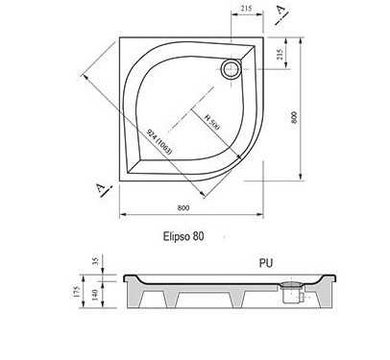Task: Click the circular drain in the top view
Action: (x=231, y=68)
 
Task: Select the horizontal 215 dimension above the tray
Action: (x=246, y=9)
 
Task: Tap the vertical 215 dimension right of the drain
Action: (x=280, y=54)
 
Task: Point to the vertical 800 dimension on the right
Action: (x=294, y=117)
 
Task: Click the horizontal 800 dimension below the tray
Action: (x=183, y=207)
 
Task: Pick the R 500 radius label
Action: (x=212, y=121)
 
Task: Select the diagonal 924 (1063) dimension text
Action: (x=159, y=142)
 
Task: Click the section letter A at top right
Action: (x=281, y=11)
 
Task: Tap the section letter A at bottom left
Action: (x=102, y=189)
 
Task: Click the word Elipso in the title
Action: (x=177, y=237)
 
